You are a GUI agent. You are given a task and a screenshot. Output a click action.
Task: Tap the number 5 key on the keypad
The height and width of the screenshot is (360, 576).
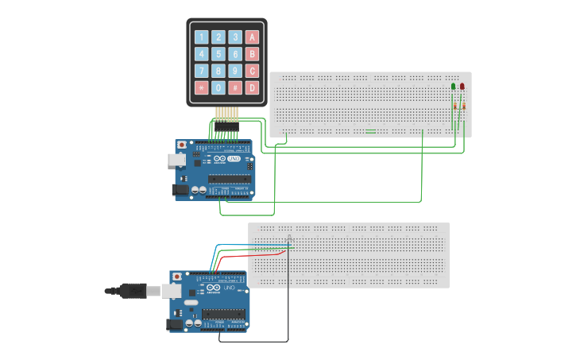[218, 54]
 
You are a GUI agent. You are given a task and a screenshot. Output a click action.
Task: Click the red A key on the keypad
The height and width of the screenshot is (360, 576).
[252, 37]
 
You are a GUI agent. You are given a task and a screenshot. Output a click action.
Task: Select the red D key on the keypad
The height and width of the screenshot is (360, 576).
[252, 87]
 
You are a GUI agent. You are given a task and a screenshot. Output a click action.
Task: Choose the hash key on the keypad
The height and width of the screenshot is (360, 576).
[235, 87]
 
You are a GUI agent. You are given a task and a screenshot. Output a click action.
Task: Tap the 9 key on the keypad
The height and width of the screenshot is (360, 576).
[235, 71]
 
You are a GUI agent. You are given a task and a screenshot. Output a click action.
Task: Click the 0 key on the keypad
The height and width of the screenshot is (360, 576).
[218, 87]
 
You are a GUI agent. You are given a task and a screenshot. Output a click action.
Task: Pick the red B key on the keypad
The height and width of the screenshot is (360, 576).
[252, 54]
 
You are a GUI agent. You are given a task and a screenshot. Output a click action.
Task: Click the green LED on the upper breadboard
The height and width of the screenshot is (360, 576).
[454, 86]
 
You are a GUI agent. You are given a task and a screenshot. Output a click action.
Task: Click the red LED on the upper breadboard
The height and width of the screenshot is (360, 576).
[462, 86]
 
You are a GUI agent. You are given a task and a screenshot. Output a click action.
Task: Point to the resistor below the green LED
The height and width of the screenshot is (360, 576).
[454, 106]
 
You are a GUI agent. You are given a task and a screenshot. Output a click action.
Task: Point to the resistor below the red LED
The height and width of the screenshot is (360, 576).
[463, 106]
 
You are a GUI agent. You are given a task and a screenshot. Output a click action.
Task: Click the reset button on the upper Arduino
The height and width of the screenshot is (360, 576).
[183, 145]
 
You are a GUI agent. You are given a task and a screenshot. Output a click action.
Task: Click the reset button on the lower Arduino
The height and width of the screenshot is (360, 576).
[176, 277]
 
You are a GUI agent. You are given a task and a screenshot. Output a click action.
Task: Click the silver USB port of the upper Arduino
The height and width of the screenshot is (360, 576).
[176, 160]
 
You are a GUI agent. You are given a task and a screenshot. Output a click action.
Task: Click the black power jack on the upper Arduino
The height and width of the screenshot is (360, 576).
[180, 190]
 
